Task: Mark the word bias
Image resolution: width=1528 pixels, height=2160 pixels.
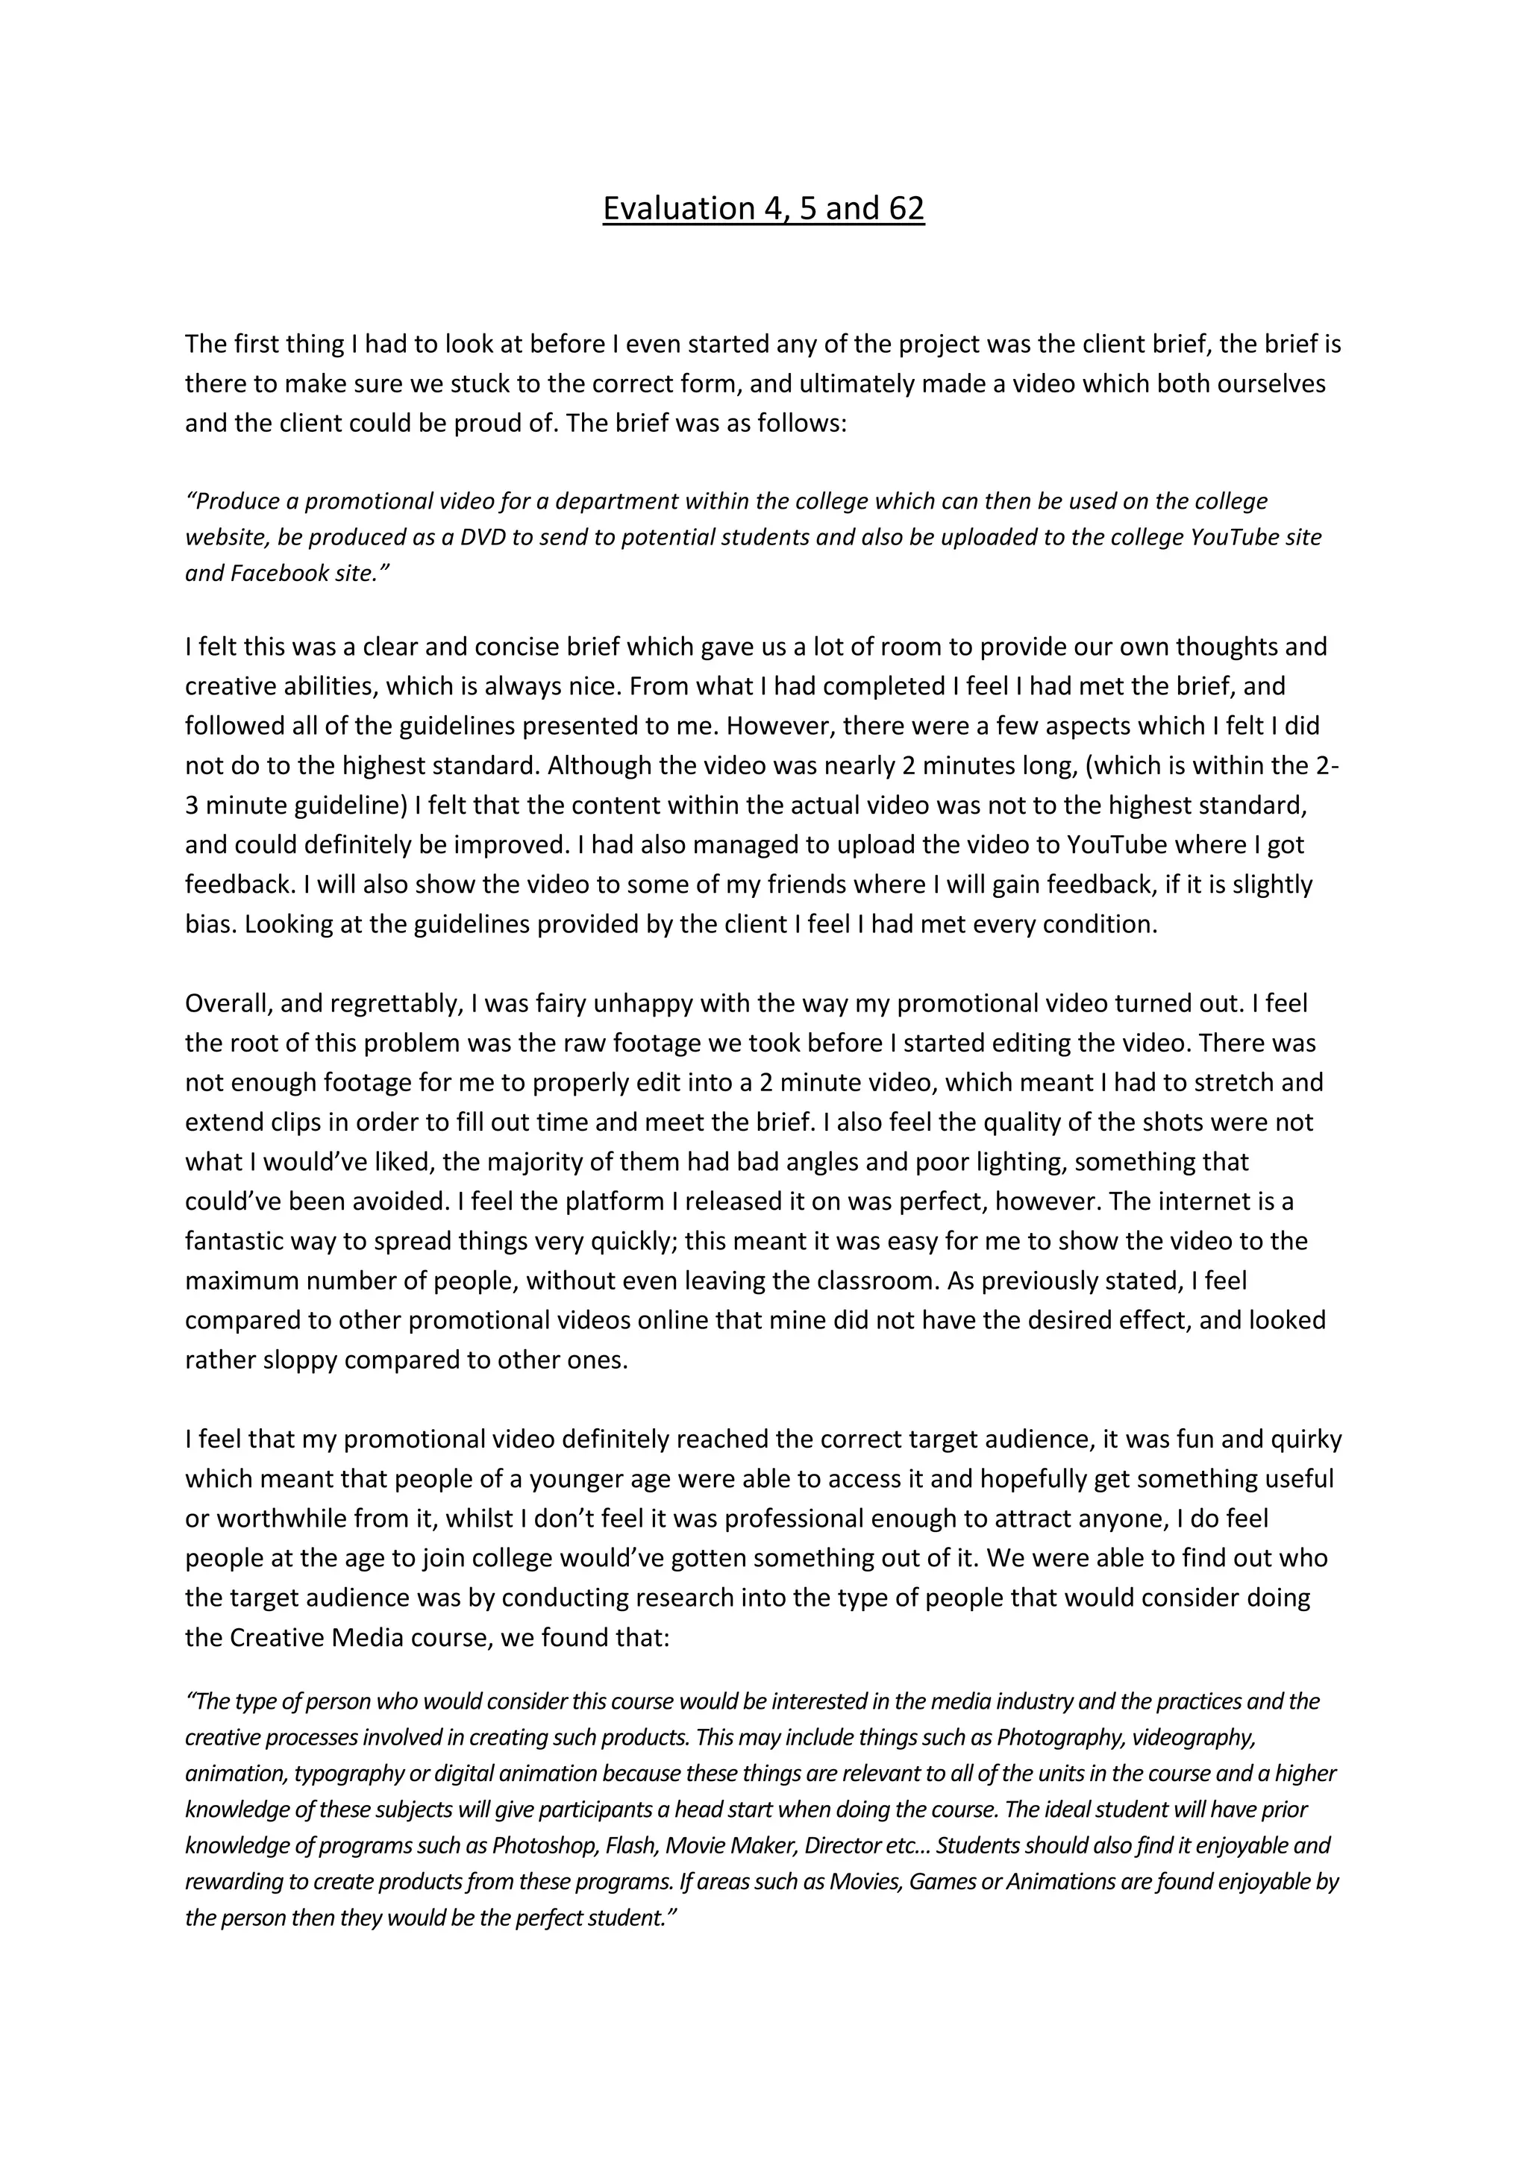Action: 210,925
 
